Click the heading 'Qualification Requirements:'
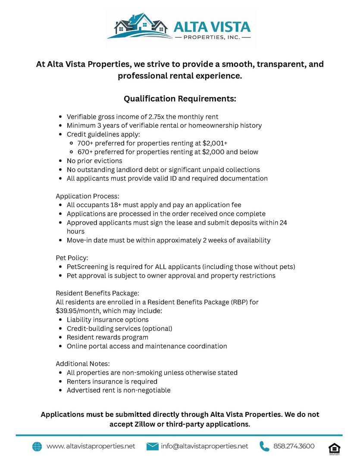[x=180, y=99]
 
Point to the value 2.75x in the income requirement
[x=156, y=117]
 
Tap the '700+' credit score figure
[x=85, y=143]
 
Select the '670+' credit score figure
[x=85, y=152]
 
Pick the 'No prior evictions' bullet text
[x=94, y=161]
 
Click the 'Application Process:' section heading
[x=88, y=196]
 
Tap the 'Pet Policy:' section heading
[x=72, y=258]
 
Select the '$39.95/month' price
[x=77, y=311]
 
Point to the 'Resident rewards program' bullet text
[x=107, y=337]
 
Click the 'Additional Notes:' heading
[x=83, y=364]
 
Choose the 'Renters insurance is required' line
[x=112, y=381]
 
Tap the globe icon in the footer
[x=37, y=447]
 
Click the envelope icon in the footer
[x=153, y=447]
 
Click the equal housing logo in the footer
[x=334, y=447]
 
